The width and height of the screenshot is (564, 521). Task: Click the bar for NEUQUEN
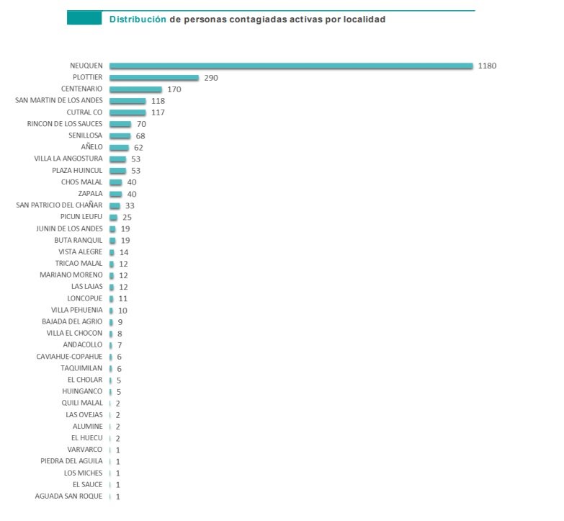click(291, 66)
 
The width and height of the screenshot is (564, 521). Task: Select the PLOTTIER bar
click(154, 77)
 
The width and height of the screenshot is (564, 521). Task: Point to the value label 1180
click(487, 66)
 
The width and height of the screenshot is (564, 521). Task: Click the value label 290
click(210, 77)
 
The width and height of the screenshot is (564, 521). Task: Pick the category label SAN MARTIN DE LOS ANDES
click(59, 100)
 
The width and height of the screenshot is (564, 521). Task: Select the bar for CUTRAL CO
click(127, 112)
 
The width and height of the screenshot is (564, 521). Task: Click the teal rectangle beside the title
click(84, 18)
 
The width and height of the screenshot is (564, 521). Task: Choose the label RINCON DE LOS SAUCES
click(65, 124)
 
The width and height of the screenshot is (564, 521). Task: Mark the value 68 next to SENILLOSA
click(140, 135)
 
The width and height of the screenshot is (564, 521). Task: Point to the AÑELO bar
click(119, 147)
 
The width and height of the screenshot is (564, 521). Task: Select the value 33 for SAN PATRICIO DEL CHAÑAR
click(130, 205)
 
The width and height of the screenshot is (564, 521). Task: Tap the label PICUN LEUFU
click(81, 216)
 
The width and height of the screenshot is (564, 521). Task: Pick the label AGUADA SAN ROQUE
click(68, 496)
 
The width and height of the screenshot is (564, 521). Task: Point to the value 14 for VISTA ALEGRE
click(124, 252)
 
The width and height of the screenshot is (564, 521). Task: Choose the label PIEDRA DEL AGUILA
click(71, 461)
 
